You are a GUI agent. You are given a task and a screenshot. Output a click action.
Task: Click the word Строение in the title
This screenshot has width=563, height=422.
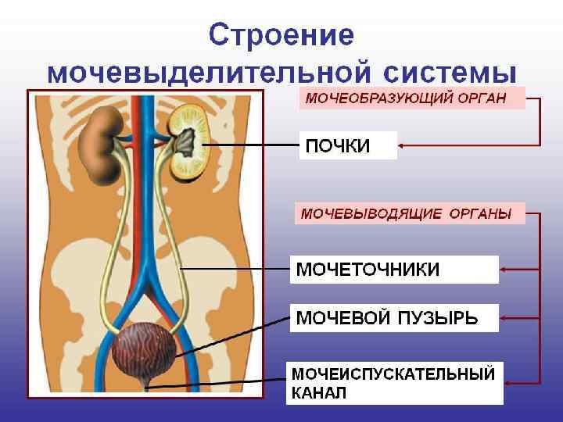click(x=282, y=36)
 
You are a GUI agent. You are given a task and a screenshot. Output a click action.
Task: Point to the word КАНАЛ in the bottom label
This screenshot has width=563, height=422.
click(x=319, y=392)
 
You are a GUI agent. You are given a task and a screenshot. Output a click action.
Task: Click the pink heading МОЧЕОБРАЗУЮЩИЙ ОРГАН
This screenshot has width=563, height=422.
click(x=405, y=98)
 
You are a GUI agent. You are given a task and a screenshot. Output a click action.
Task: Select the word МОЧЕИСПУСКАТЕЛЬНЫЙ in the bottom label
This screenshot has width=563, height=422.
click(x=393, y=374)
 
